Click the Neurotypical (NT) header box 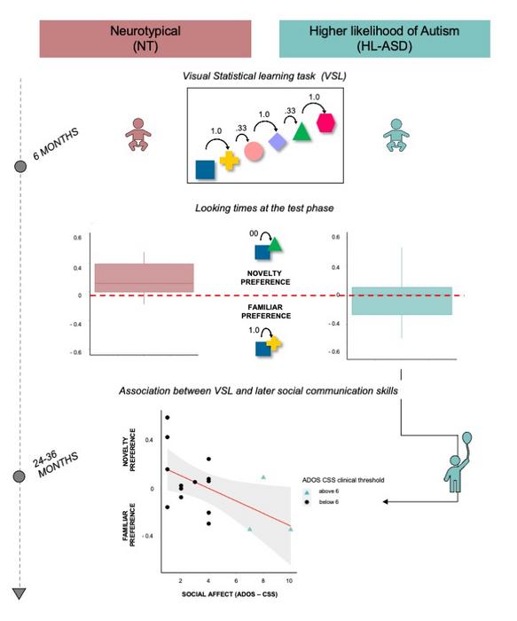[x=145, y=37]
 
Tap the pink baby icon [x=138, y=133]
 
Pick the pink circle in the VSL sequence [x=255, y=150]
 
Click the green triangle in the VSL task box [x=302, y=133]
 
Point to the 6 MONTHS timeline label [x=55, y=142]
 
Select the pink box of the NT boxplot [x=144, y=278]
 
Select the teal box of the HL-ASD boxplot [x=402, y=301]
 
